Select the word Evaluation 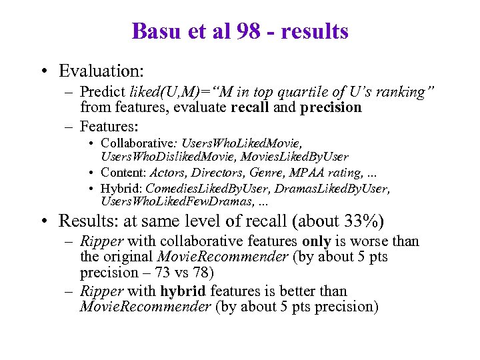(101, 70)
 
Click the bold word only (317, 241)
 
